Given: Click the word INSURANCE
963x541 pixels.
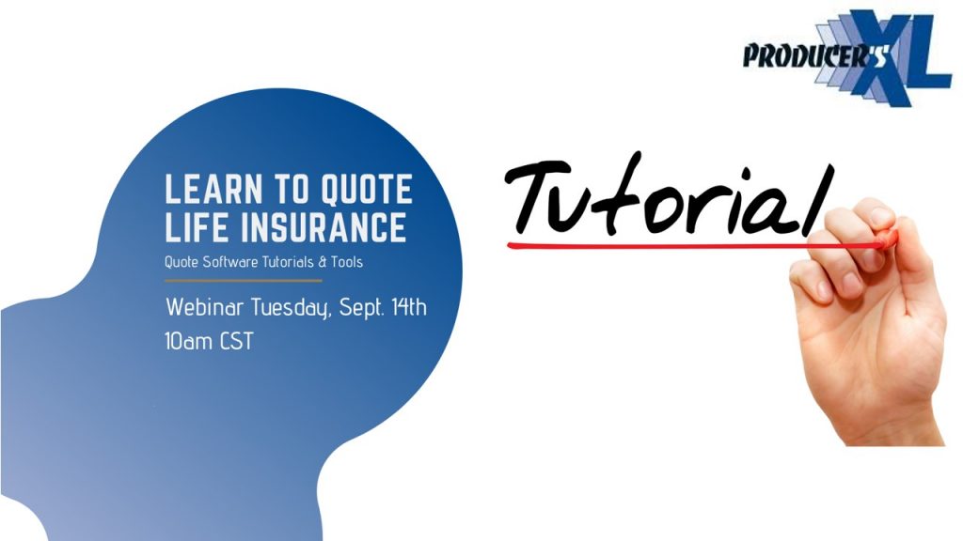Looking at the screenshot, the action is click(324, 227).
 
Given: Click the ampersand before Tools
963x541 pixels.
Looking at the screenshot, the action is click(323, 263).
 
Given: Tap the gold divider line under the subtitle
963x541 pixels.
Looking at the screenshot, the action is click(244, 281).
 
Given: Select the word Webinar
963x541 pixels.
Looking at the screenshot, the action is click(204, 307).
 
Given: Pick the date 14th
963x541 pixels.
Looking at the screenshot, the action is click(408, 306).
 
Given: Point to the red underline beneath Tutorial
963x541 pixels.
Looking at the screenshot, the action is click(694, 246).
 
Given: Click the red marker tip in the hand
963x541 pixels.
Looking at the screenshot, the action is click(886, 239).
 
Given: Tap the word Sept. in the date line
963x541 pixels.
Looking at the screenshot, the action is click(362, 307).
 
